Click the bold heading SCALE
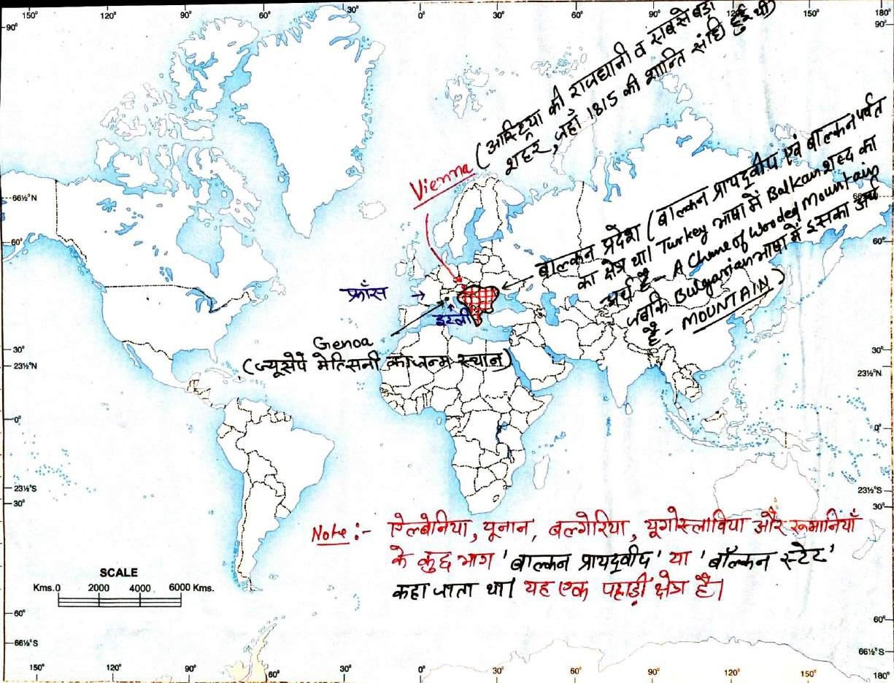tap(119, 573)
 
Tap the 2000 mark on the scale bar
tap(99, 588)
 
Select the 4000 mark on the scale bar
tap(139, 588)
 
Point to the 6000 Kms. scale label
tap(191, 588)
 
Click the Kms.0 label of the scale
tap(47, 588)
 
